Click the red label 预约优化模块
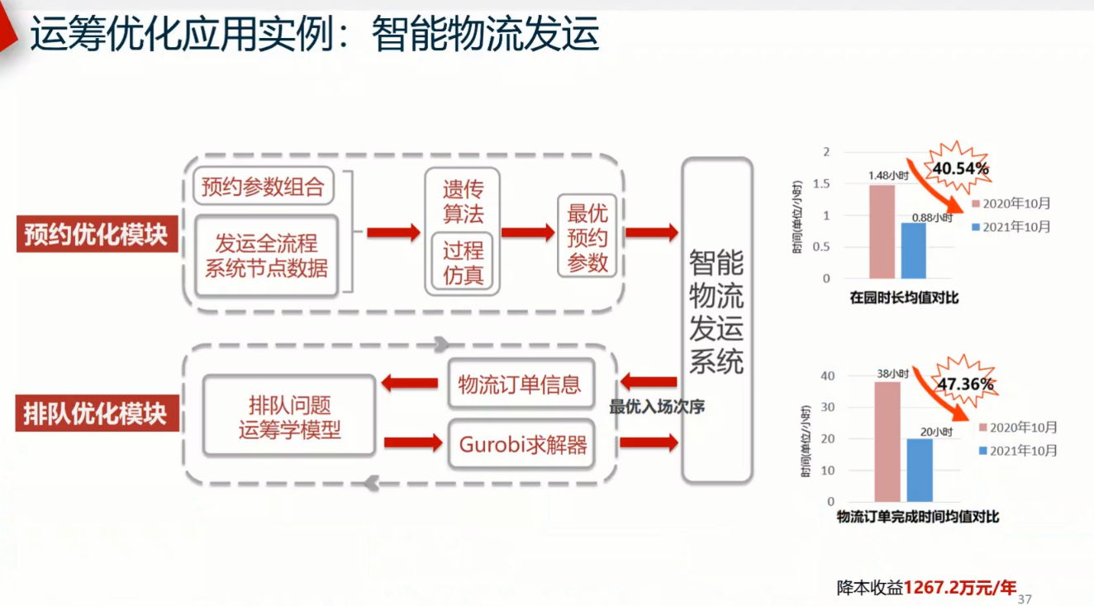click(x=96, y=234)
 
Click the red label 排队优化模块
click(x=96, y=413)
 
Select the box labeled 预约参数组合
click(x=264, y=187)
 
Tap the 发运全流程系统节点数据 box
click(x=267, y=255)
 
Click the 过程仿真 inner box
click(x=463, y=263)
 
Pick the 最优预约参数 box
click(x=587, y=238)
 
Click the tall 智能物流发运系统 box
click(x=716, y=320)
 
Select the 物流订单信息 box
click(x=520, y=384)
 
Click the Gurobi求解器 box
click(x=522, y=445)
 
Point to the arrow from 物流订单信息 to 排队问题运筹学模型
click(x=410, y=382)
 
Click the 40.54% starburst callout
click(x=960, y=168)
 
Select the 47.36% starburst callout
click(x=964, y=384)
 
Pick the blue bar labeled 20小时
click(x=919, y=470)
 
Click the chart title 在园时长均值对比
click(x=904, y=298)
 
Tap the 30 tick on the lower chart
click(x=828, y=407)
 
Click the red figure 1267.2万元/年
click(x=959, y=588)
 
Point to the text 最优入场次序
click(x=657, y=407)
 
